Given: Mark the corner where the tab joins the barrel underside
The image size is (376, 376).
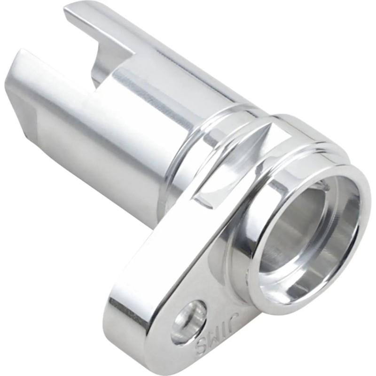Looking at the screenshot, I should coord(160,221).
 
